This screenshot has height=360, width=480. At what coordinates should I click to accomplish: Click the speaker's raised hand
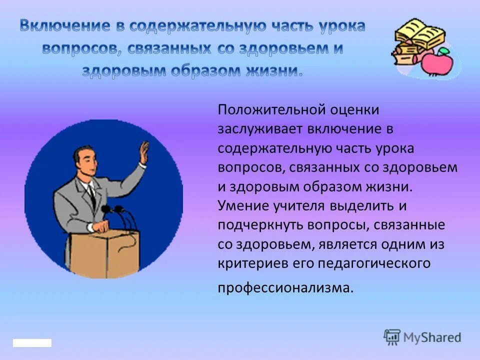tap(144, 152)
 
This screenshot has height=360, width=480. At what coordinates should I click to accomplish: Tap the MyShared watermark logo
tap(422, 337)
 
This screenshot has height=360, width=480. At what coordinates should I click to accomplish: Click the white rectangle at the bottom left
tap(32, 343)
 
